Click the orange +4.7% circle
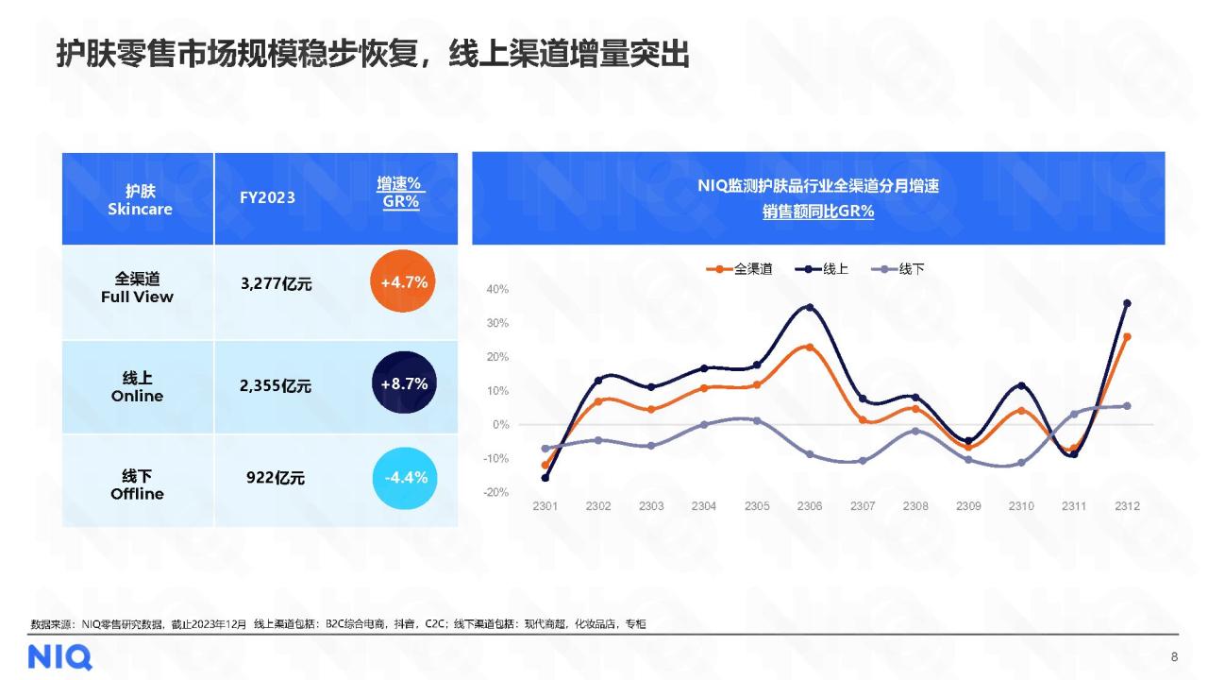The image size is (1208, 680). pos(404,281)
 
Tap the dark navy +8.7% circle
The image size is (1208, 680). pos(404,383)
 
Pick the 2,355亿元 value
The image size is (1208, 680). pos(276,385)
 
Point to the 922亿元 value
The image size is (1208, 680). pos(276,478)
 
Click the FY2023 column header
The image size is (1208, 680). pos(267,197)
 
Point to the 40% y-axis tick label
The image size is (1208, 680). pos(497,289)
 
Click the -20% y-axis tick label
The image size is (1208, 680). pos(496,493)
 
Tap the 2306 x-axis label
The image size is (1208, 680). pos(809,506)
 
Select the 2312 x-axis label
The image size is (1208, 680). pos(1126,506)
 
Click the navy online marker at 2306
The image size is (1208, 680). pos(809,308)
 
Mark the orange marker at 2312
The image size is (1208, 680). pos(1126,337)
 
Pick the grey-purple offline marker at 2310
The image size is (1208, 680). pos(1020,463)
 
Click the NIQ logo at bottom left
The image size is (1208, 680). pos(59,656)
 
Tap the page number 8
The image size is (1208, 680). pos(1174,656)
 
